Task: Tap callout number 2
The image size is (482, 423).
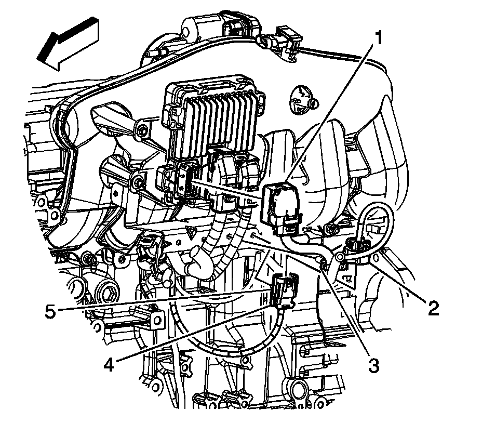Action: point(433,308)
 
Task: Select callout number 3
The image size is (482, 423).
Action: point(373,366)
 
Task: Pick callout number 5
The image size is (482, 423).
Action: point(50,312)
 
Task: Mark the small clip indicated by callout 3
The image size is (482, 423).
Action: point(323,264)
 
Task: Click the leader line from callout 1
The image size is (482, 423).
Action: point(328,113)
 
